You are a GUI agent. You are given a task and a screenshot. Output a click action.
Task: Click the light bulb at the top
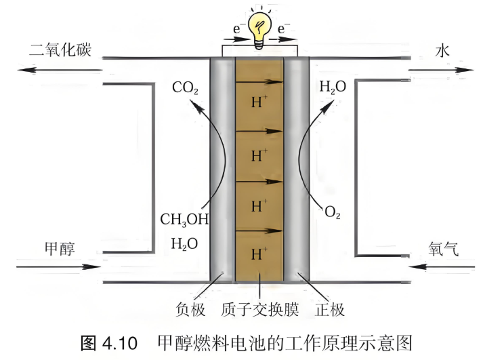pos(259,30)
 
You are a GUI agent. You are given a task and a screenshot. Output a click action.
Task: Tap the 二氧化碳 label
pos(60,50)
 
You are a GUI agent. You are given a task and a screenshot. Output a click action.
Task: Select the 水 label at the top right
pos(442,51)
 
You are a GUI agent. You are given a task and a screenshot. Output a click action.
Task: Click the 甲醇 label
pos(60,249)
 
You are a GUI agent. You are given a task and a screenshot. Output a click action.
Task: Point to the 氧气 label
pos(443,249)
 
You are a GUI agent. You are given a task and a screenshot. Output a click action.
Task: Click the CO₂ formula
pos(185,87)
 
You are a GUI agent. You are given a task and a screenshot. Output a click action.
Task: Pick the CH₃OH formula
pos(184,220)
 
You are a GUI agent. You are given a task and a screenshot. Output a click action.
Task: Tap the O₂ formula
pos(333,212)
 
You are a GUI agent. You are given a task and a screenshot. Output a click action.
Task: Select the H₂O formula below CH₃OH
pos(184,244)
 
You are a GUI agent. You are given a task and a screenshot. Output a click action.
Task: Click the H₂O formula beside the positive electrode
pos(333,87)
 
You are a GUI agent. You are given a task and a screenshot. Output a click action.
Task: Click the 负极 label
pos(190,309)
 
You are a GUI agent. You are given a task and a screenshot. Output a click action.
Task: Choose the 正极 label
pos(330,309)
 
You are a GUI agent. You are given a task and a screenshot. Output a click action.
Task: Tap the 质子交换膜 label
pos(259,309)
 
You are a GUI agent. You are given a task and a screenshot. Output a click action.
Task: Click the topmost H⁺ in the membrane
pos(259,101)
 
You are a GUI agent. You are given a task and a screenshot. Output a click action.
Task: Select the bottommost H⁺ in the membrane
pos(259,254)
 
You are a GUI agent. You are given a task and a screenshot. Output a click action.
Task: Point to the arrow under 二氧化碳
pos(60,70)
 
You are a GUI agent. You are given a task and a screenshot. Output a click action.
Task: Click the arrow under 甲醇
pos(58,266)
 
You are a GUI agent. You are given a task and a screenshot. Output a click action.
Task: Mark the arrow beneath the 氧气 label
pos(442,266)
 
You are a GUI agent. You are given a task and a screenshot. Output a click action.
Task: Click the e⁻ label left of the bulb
pos(237,29)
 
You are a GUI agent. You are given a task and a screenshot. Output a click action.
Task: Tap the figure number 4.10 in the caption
pos(120,343)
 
